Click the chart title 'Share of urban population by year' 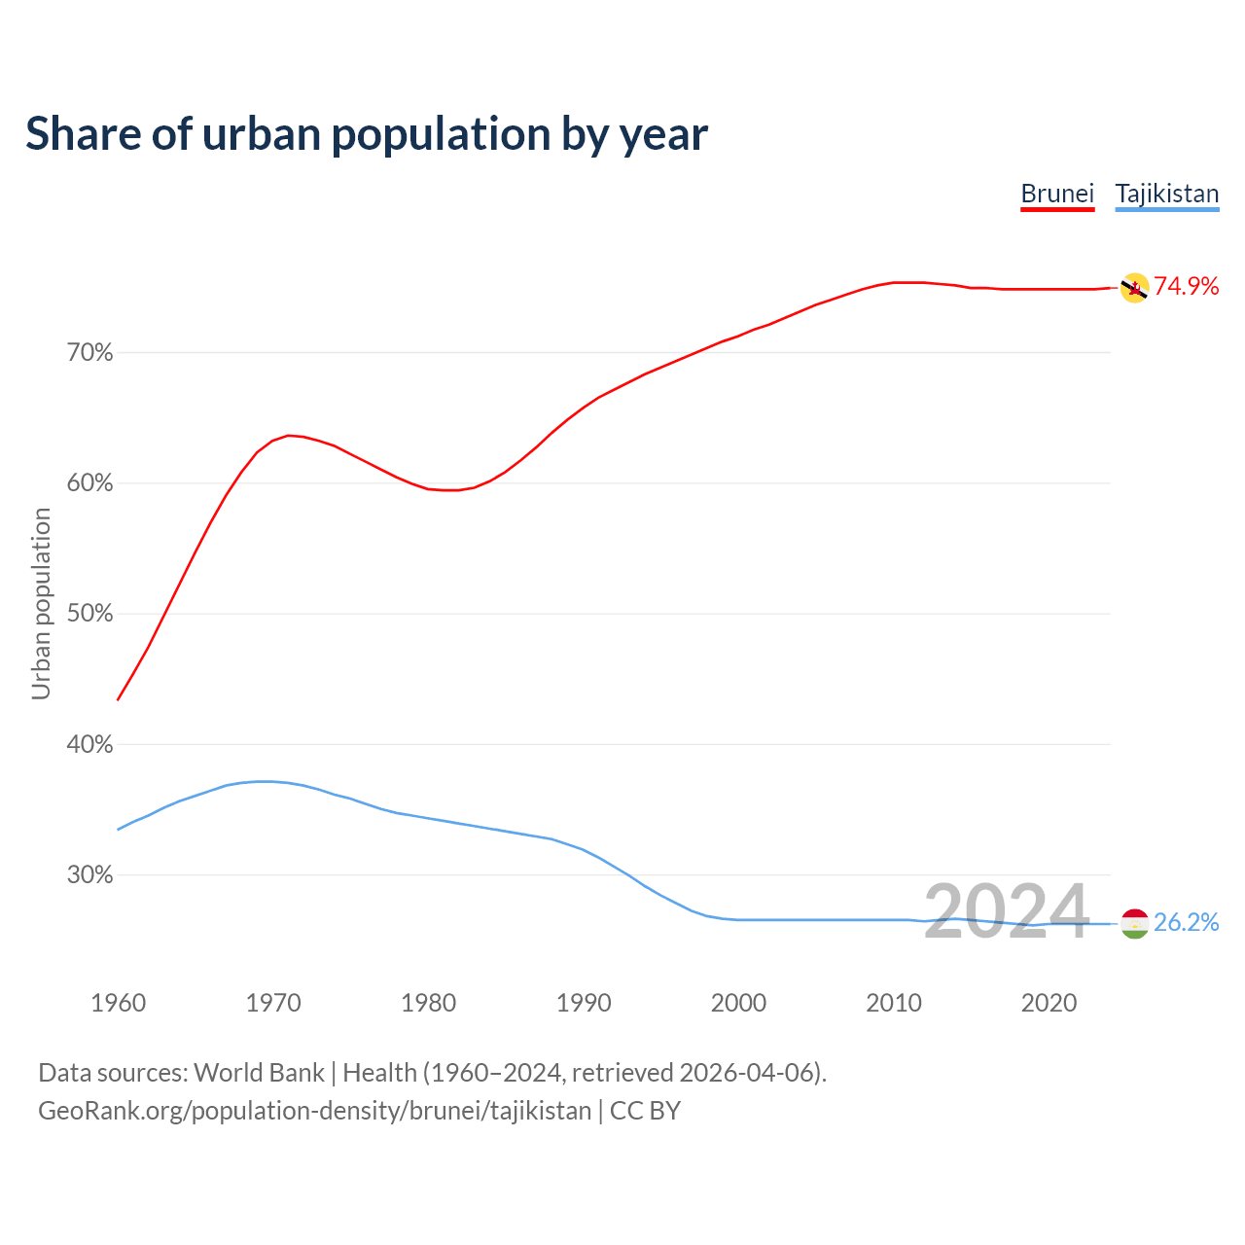point(367,134)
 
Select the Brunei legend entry point(1057,194)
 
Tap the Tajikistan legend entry point(1166,194)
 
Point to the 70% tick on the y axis point(89,353)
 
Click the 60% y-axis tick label point(89,483)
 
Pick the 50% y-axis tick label point(89,614)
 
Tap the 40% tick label point(89,745)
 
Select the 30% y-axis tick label point(89,875)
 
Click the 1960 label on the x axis point(118,1003)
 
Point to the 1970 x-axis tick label point(273,1003)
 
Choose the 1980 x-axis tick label point(428,1003)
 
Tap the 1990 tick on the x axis point(584,1003)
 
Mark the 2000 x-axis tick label point(738,1003)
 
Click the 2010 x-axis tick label point(894,1003)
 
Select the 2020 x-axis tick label point(1049,1003)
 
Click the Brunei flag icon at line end point(1134,288)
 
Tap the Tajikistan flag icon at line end point(1134,923)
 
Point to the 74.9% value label point(1186,286)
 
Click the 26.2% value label point(1186,922)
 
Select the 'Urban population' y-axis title point(41,603)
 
